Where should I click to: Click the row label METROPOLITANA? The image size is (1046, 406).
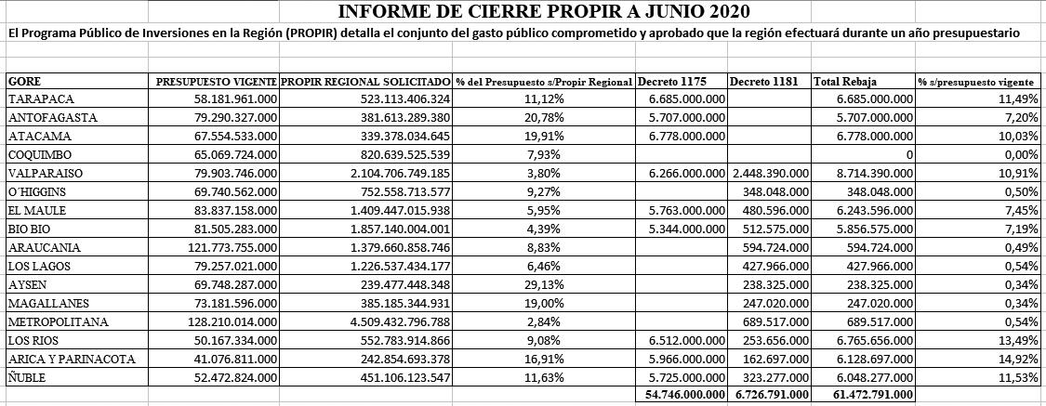click(58, 321)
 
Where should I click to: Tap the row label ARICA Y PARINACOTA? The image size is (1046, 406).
click(72, 359)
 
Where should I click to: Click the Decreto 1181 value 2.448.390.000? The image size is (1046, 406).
click(770, 173)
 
